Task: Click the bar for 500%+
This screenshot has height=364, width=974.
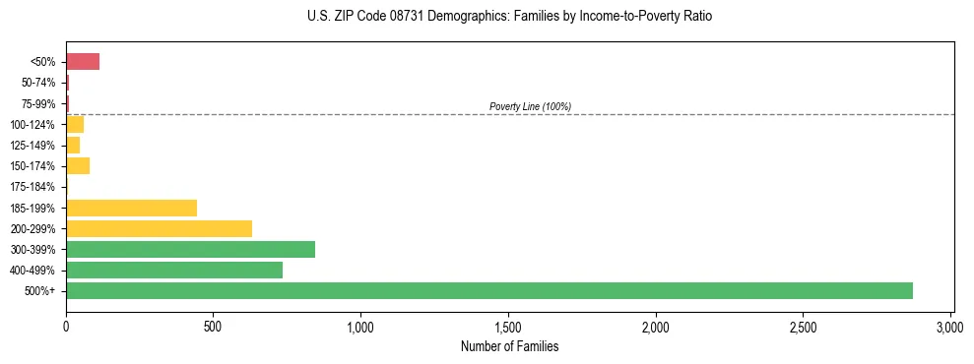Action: tap(488, 290)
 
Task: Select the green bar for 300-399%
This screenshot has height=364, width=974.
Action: tap(190, 249)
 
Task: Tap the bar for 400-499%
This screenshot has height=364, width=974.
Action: tap(174, 270)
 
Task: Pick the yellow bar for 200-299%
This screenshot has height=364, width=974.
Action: tap(159, 228)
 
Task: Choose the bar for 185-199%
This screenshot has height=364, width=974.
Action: tap(131, 208)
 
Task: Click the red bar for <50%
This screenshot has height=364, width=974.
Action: tap(83, 62)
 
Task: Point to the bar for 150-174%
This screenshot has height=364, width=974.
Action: tap(78, 165)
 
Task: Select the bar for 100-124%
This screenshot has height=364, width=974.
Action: tap(75, 124)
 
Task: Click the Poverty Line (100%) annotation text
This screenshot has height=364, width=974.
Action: tap(530, 106)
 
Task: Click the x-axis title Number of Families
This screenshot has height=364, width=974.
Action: tap(509, 346)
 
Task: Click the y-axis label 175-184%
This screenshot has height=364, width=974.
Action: tap(32, 187)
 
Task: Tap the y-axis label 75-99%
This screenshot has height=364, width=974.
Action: tap(37, 103)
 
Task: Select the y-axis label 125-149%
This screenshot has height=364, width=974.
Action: tap(32, 146)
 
